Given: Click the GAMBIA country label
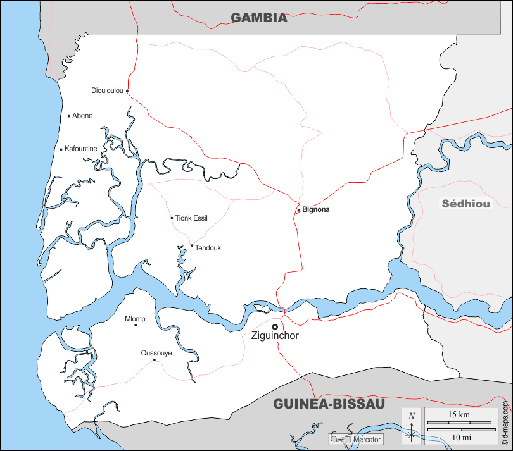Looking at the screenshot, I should tap(258, 18).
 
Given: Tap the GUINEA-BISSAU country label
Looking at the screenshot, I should tap(329, 404).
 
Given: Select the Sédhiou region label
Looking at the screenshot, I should tap(466, 204).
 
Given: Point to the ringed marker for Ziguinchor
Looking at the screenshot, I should tap(275, 326).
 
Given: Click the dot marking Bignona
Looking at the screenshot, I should tap(298, 211).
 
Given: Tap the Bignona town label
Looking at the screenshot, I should tap(316, 209).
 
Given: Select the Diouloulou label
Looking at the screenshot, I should tap(107, 90).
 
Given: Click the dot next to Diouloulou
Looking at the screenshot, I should tap(127, 90).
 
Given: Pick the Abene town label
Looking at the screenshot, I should tap(82, 116).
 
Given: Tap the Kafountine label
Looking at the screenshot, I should tap(81, 149).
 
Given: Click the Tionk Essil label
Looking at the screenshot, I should tap(191, 218).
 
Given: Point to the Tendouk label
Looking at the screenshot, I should tap(208, 248).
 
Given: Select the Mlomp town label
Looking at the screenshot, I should tap(135, 318).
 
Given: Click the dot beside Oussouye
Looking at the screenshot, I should tap(155, 360).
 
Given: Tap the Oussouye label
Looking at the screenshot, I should tap(156, 353).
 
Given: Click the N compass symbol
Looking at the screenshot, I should tap(412, 416).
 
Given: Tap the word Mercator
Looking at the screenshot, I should tap(367, 439).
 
